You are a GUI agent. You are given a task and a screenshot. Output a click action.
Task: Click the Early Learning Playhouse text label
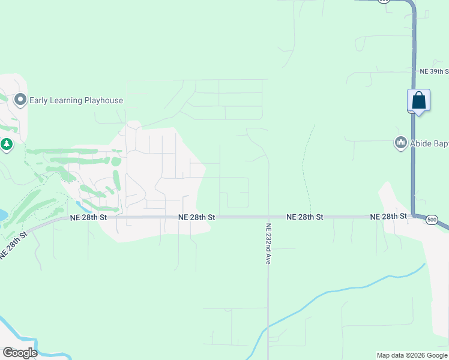pyautogui.click(x=77, y=100)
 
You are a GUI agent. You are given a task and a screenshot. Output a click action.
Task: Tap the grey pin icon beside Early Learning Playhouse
pyautogui.click(x=20, y=100)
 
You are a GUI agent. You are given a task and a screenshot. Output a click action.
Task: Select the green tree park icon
pyautogui.click(x=6, y=145)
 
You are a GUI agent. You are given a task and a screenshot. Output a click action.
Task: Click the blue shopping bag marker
pyautogui.click(x=418, y=100)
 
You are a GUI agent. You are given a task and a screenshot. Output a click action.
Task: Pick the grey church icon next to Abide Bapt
pyautogui.click(x=400, y=143)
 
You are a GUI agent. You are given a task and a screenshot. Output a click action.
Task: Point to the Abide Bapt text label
pyautogui.click(x=429, y=143)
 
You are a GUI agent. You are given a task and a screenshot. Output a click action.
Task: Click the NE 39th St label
pyautogui.click(x=434, y=71)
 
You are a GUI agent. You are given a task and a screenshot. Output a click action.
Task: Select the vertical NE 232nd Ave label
pyautogui.click(x=268, y=242)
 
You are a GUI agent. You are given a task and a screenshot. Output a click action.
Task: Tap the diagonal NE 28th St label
pyautogui.click(x=13, y=245)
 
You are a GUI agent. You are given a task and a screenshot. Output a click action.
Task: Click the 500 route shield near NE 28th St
pyautogui.click(x=432, y=220)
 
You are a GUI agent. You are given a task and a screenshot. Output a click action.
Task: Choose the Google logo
pyautogui.click(x=20, y=353)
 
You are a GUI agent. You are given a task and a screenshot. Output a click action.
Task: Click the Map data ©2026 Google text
pyautogui.click(x=412, y=355)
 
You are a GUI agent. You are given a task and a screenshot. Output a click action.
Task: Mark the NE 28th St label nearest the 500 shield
pyautogui.click(x=389, y=217)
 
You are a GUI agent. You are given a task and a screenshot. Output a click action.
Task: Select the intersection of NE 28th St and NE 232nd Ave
pyautogui.click(x=268, y=217)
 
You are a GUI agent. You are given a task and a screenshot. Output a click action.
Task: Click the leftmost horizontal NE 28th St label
pyautogui.click(x=88, y=217)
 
